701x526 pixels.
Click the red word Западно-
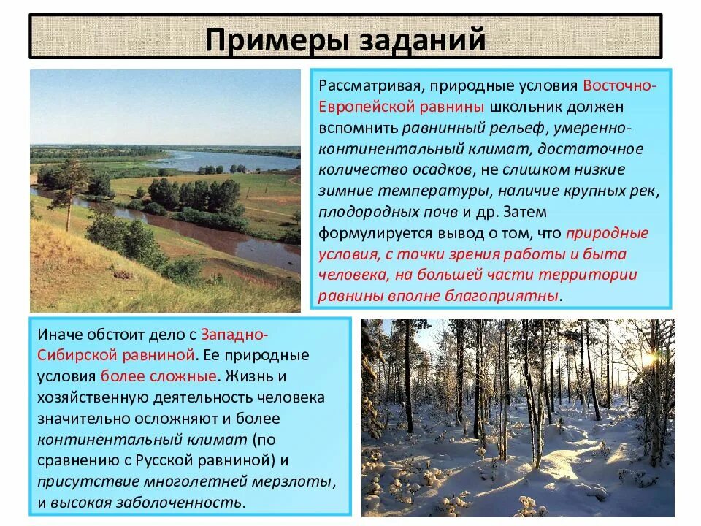point(234,335)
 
